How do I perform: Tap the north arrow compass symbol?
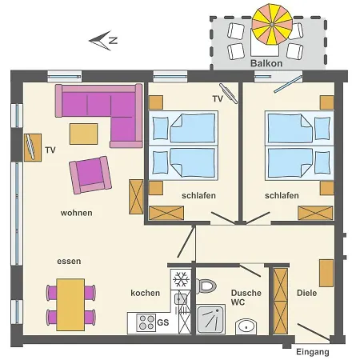(104, 39)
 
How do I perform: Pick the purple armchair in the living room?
(90, 174)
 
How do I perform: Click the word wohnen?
(76, 213)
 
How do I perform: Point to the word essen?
(69, 262)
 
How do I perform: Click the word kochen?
(145, 293)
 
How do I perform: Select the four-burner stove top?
(146, 322)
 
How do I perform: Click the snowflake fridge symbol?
(181, 280)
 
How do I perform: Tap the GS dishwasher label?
(163, 322)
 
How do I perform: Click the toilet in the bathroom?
(207, 285)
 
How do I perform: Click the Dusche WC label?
(246, 298)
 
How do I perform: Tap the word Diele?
(306, 293)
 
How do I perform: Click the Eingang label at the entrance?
(312, 352)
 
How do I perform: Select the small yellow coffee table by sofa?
(83, 132)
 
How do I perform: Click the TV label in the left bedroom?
(217, 98)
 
